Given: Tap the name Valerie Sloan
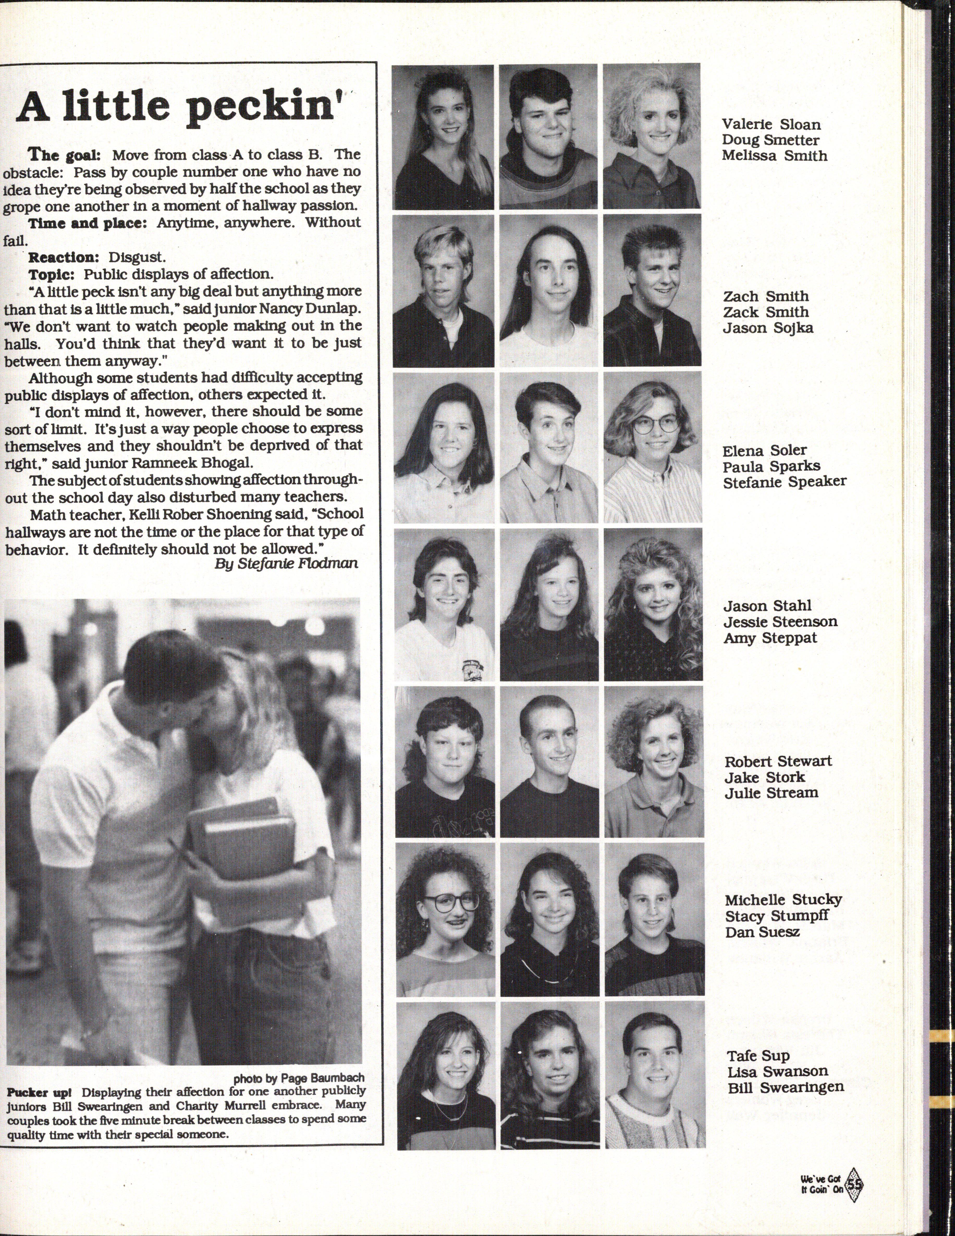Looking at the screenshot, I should (770, 124).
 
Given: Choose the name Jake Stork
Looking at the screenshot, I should (764, 777).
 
